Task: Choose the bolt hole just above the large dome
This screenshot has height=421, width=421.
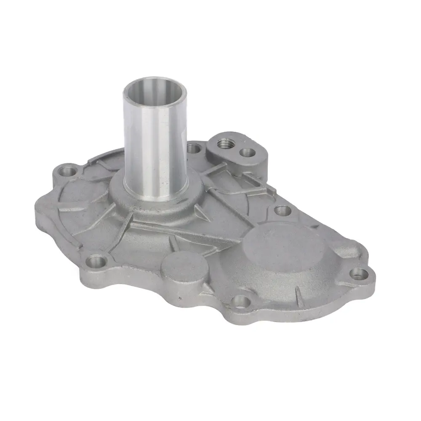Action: click(x=281, y=209)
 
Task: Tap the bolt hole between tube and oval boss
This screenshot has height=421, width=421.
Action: click(x=193, y=148)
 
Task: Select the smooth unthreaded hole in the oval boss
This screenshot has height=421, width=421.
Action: click(x=247, y=153)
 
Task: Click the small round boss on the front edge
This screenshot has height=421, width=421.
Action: click(x=181, y=267)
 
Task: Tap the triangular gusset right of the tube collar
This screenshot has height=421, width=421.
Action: click(x=202, y=210)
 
